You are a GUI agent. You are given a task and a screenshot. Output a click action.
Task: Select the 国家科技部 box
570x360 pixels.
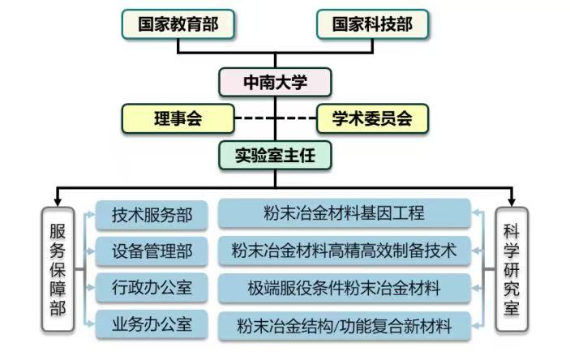[372, 24]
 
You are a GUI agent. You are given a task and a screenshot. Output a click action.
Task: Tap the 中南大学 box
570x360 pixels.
[276, 82]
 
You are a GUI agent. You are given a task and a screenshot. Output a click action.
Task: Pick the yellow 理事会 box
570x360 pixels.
[178, 118]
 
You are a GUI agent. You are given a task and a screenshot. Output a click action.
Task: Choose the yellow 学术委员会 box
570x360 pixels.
[372, 118]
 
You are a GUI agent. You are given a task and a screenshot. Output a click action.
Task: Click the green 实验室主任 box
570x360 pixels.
[276, 155]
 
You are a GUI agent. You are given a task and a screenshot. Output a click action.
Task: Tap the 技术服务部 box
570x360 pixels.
[152, 215]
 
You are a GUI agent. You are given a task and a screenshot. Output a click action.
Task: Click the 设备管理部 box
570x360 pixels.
[152, 251]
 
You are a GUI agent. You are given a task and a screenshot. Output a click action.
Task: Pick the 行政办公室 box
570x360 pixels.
[152, 288]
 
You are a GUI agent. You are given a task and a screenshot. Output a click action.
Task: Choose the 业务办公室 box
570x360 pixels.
[152, 324]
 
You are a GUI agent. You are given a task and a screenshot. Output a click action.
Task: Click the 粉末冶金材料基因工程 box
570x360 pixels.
[344, 214]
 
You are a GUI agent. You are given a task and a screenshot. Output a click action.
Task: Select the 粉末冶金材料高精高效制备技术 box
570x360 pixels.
[344, 251]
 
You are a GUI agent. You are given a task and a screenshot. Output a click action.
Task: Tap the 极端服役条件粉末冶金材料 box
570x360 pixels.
[344, 288]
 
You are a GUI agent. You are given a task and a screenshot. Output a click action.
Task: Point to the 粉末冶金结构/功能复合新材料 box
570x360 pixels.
[344, 326]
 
